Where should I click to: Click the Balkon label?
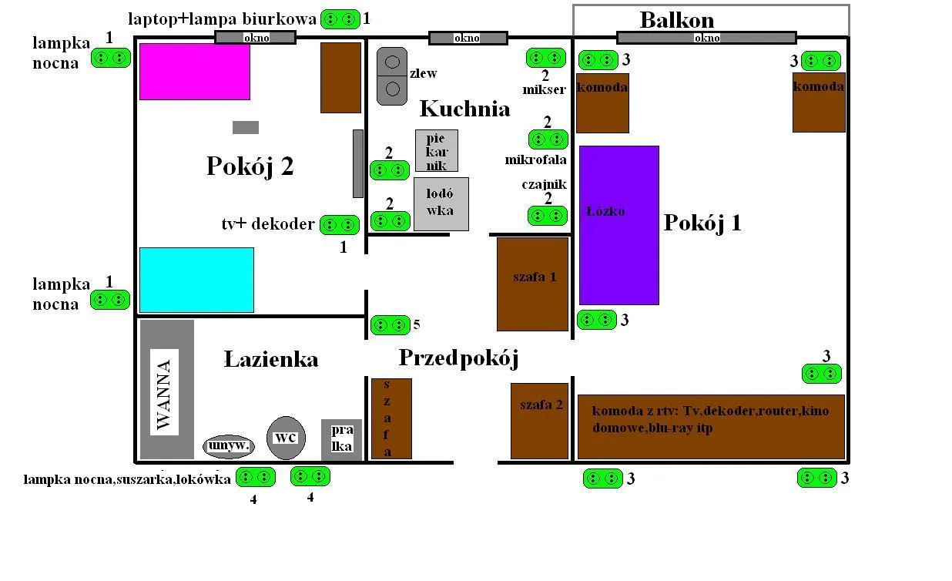click(x=677, y=19)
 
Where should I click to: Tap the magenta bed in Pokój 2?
click(x=195, y=72)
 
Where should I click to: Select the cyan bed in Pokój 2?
click(x=196, y=280)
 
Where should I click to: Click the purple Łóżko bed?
click(x=619, y=225)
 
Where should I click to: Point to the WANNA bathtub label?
click(x=164, y=392)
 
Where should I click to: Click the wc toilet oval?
click(x=286, y=438)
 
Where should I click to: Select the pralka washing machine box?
click(x=341, y=438)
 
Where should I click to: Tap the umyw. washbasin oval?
click(x=228, y=445)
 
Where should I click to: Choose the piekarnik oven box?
click(x=437, y=150)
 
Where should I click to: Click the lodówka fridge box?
click(x=441, y=204)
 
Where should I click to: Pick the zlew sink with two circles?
click(x=391, y=76)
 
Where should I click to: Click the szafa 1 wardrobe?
click(x=533, y=284)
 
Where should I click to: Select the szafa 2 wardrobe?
click(x=539, y=421)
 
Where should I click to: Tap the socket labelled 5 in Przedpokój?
click(x=391, y=325)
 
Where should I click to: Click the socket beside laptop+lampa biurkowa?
click(x=340, y=19)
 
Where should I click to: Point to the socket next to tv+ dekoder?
click(x=339, y=225)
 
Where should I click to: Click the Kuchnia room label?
click(x=464, y=108)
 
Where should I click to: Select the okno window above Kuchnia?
click(x=468, y=38)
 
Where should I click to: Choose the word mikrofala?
click(x=536, y=160)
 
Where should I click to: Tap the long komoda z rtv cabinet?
click(x=710, y=426)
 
